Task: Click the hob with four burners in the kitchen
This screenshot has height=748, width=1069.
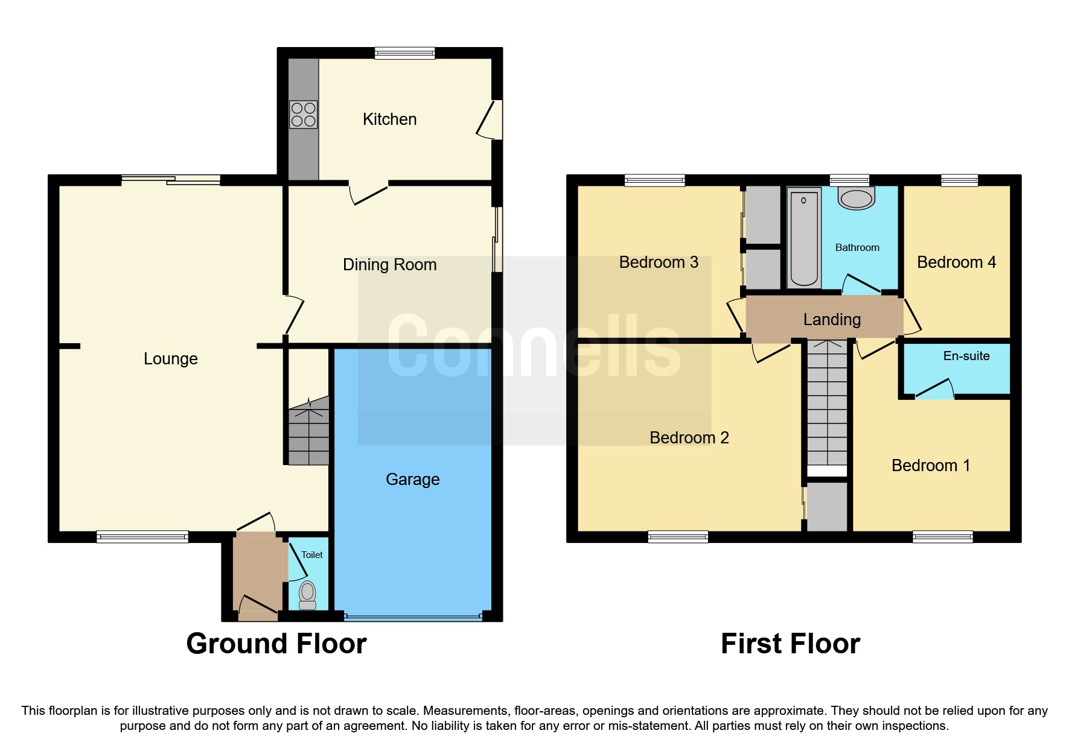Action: (x=303, y=115)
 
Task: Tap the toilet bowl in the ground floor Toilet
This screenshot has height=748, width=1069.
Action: (x=308, y=594)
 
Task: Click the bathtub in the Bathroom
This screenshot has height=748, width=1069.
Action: (x=803, y=238)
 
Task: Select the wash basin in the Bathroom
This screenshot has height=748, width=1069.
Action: (x=856, y=198)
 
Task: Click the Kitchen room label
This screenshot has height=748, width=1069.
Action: (x=389, y=119)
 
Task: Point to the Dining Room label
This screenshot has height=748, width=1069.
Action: (x=389, y=264)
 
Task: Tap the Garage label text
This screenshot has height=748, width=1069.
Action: (x=412, y=479)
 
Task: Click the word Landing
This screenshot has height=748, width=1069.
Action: (x=831, y=319)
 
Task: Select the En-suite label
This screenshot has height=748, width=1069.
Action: (x=966, y=356)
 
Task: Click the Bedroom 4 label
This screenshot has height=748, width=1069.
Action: (x=956, y=262)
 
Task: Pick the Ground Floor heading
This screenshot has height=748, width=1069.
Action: (x=276, y=644)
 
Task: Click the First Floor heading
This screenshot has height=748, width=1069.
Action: (x=790, y=644)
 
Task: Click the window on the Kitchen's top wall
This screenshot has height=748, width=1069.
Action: (x=404, y=53)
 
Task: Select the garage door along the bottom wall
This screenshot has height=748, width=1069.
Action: (x=413, y=616)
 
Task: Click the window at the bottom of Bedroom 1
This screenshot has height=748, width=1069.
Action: (x=942, y=536)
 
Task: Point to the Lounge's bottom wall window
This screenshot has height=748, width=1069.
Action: (x=142, y=536)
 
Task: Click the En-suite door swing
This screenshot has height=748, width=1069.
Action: (x=935, y=390)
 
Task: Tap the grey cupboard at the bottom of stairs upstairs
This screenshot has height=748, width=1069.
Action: (x=827, y=507)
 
